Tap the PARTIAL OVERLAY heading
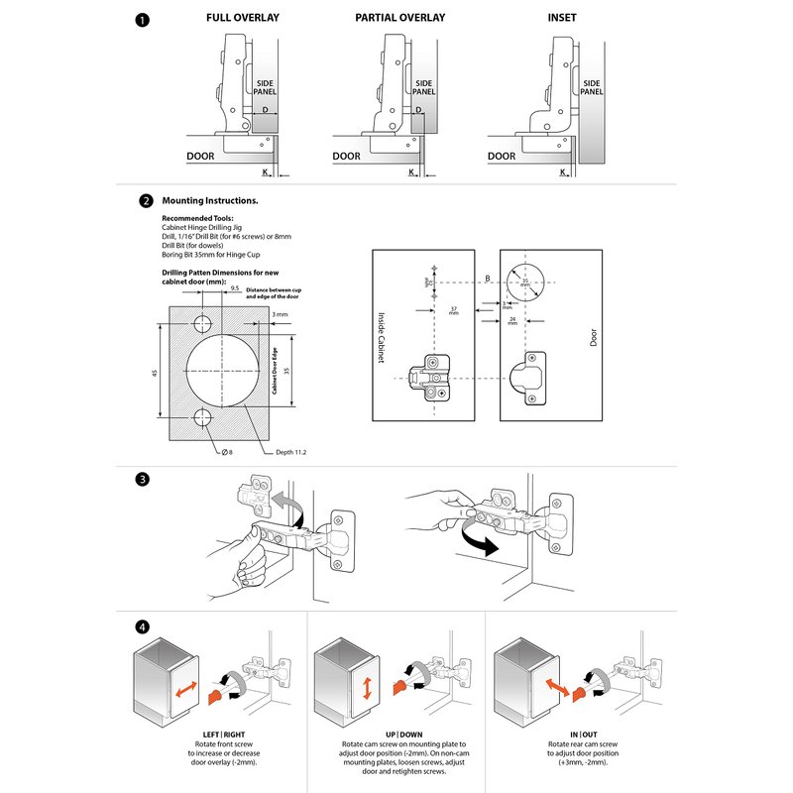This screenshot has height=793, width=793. click(399, 18)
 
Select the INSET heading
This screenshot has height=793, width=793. click(561, 18)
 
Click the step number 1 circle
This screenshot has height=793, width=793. click(146, 19)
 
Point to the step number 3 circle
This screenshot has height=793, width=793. click(146, 479)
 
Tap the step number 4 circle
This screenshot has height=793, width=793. click(146, 627)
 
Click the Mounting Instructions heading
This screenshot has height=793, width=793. click(209, 200)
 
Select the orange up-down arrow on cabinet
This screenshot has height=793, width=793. click(366, 687)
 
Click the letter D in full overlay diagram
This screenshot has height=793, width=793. click(266, 110)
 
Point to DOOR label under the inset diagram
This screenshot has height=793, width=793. click(502, 157)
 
